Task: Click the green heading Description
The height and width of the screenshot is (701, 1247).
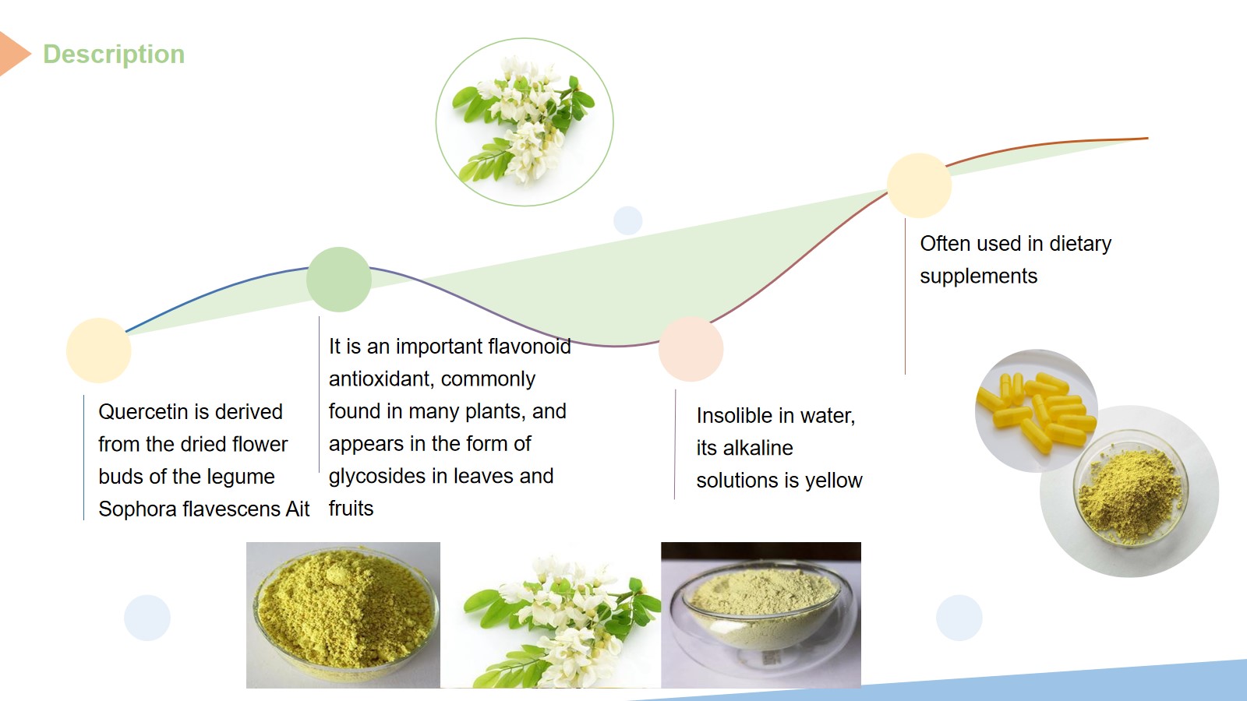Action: pyautogui.click(x=114, y=55)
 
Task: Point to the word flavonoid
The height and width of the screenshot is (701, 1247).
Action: pyautogui.click(x=529, y=347)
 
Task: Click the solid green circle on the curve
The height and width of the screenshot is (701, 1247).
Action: pyautogui.click(x=339, y=280)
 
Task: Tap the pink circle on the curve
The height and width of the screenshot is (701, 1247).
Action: pyautogui.click(x=691, y=350)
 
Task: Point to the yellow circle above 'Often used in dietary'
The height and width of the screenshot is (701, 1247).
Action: pyautogui.click(x=919, y=186)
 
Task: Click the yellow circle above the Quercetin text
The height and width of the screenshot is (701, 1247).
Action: pyautogui.click(x=98, y=350)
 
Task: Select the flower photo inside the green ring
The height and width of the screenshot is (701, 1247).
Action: pyautogui.click(x=525, y=122)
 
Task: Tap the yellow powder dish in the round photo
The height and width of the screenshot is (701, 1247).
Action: pyautogui.click(x=1130, y=492)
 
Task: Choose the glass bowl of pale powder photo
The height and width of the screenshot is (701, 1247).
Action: pyautogui.click(x=761, y=615)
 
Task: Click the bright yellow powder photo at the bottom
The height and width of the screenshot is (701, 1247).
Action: pyautogui.click(x=343, y=615)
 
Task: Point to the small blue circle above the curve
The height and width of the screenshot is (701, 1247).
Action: pyautogui.click(x=628, y=221)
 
